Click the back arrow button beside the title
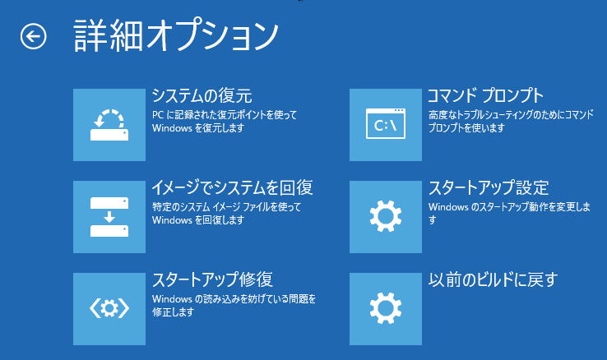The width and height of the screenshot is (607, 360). pos(33,36)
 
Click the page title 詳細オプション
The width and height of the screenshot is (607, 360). pos(176,35)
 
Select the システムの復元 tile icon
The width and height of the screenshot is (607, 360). pos(109,125)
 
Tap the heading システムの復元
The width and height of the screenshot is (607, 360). pos(202,95)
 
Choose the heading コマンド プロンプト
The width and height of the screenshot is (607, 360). pos(486,95)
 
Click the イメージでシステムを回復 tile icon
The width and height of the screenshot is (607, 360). pos(109,217)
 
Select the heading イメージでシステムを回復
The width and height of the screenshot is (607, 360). pos(232,187)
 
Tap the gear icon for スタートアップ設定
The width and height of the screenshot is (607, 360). pos(386,217)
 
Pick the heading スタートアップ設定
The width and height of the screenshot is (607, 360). pos(489,187)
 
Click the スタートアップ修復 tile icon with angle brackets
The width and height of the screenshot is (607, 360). pos(109,309)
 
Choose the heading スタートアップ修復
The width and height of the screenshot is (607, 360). pos(212,279)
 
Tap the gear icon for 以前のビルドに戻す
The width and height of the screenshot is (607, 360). pos(386,309)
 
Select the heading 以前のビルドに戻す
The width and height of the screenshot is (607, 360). pos(493,279)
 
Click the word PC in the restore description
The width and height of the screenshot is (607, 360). pos(158,115)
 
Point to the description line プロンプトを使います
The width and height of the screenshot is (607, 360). pos(466,127)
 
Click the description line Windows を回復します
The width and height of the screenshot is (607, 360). pos(198,220)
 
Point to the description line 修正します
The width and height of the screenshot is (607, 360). pos(173,312)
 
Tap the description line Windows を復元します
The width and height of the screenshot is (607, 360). pos(198,128)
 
